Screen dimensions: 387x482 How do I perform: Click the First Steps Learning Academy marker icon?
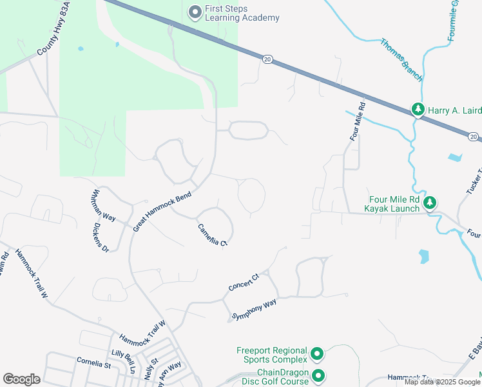click(x=195, y=12)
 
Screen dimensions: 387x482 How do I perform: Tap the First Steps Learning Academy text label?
click(x=242, y=14)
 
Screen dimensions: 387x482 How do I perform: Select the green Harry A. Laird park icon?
click(x=419, y=110)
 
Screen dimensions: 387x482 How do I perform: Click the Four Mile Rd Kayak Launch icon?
click(x=430, y=203)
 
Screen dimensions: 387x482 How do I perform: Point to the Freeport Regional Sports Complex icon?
click(x=316, y=354)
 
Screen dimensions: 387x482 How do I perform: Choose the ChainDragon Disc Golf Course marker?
click(x=318, y=376)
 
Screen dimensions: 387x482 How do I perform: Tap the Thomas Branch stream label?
click(x=401, y=61)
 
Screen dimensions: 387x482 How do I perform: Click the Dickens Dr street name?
click(x=101, y=238)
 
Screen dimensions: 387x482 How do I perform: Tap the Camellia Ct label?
click(x=213, y=234)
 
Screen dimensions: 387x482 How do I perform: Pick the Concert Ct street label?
click(x=243, y=282)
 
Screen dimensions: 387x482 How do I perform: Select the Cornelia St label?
click(x=93, y=364)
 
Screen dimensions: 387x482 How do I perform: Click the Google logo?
click(x=21, y=379)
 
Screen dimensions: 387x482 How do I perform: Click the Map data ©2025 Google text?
click(x=442, y=382)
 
